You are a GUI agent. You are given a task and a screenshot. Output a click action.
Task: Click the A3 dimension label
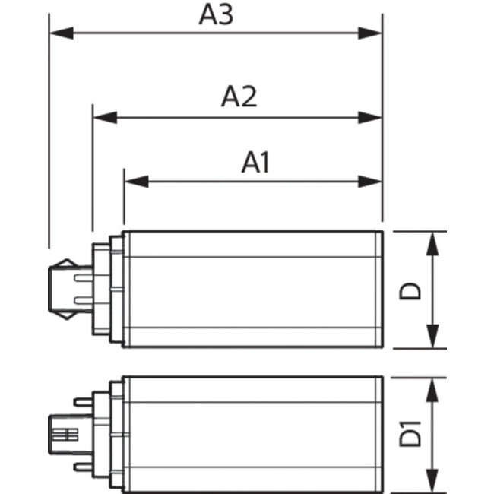[216, 14]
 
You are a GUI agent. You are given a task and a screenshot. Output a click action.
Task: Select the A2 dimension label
[239, 97]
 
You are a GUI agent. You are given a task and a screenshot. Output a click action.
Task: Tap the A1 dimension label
[255, 163]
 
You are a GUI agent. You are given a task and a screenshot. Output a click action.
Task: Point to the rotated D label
[410, 291]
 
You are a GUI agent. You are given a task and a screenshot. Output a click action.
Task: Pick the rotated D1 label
[410, 434]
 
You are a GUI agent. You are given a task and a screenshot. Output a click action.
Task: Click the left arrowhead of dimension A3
[62, 33]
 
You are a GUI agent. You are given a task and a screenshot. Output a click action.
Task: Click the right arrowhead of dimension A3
[370, 33]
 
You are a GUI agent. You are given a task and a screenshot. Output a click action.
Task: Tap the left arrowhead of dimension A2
[105, 118]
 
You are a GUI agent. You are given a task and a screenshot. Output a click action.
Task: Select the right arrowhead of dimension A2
[370, 118]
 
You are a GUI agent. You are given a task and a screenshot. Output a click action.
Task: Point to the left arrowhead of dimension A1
[137, 182]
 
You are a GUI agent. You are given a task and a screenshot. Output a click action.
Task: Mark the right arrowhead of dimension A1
[370, 182]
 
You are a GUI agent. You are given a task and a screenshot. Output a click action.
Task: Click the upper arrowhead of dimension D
[432, 243]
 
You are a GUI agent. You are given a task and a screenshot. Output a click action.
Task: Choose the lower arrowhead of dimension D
[432, 336]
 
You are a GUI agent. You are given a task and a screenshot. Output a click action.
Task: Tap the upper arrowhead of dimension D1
[432, 390]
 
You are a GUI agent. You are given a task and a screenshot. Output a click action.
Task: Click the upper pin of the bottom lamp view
[83, 402]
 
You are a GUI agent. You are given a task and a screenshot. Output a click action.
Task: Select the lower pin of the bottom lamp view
[83, 467]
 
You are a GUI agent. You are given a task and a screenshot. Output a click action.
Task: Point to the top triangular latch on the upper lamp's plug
[67, 263]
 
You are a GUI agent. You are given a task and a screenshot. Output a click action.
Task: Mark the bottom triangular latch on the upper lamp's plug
[67, 315]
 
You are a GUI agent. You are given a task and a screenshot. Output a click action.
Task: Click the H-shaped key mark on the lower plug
[65, 435]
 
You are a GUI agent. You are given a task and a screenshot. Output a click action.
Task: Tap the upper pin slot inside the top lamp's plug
[84, 277]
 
